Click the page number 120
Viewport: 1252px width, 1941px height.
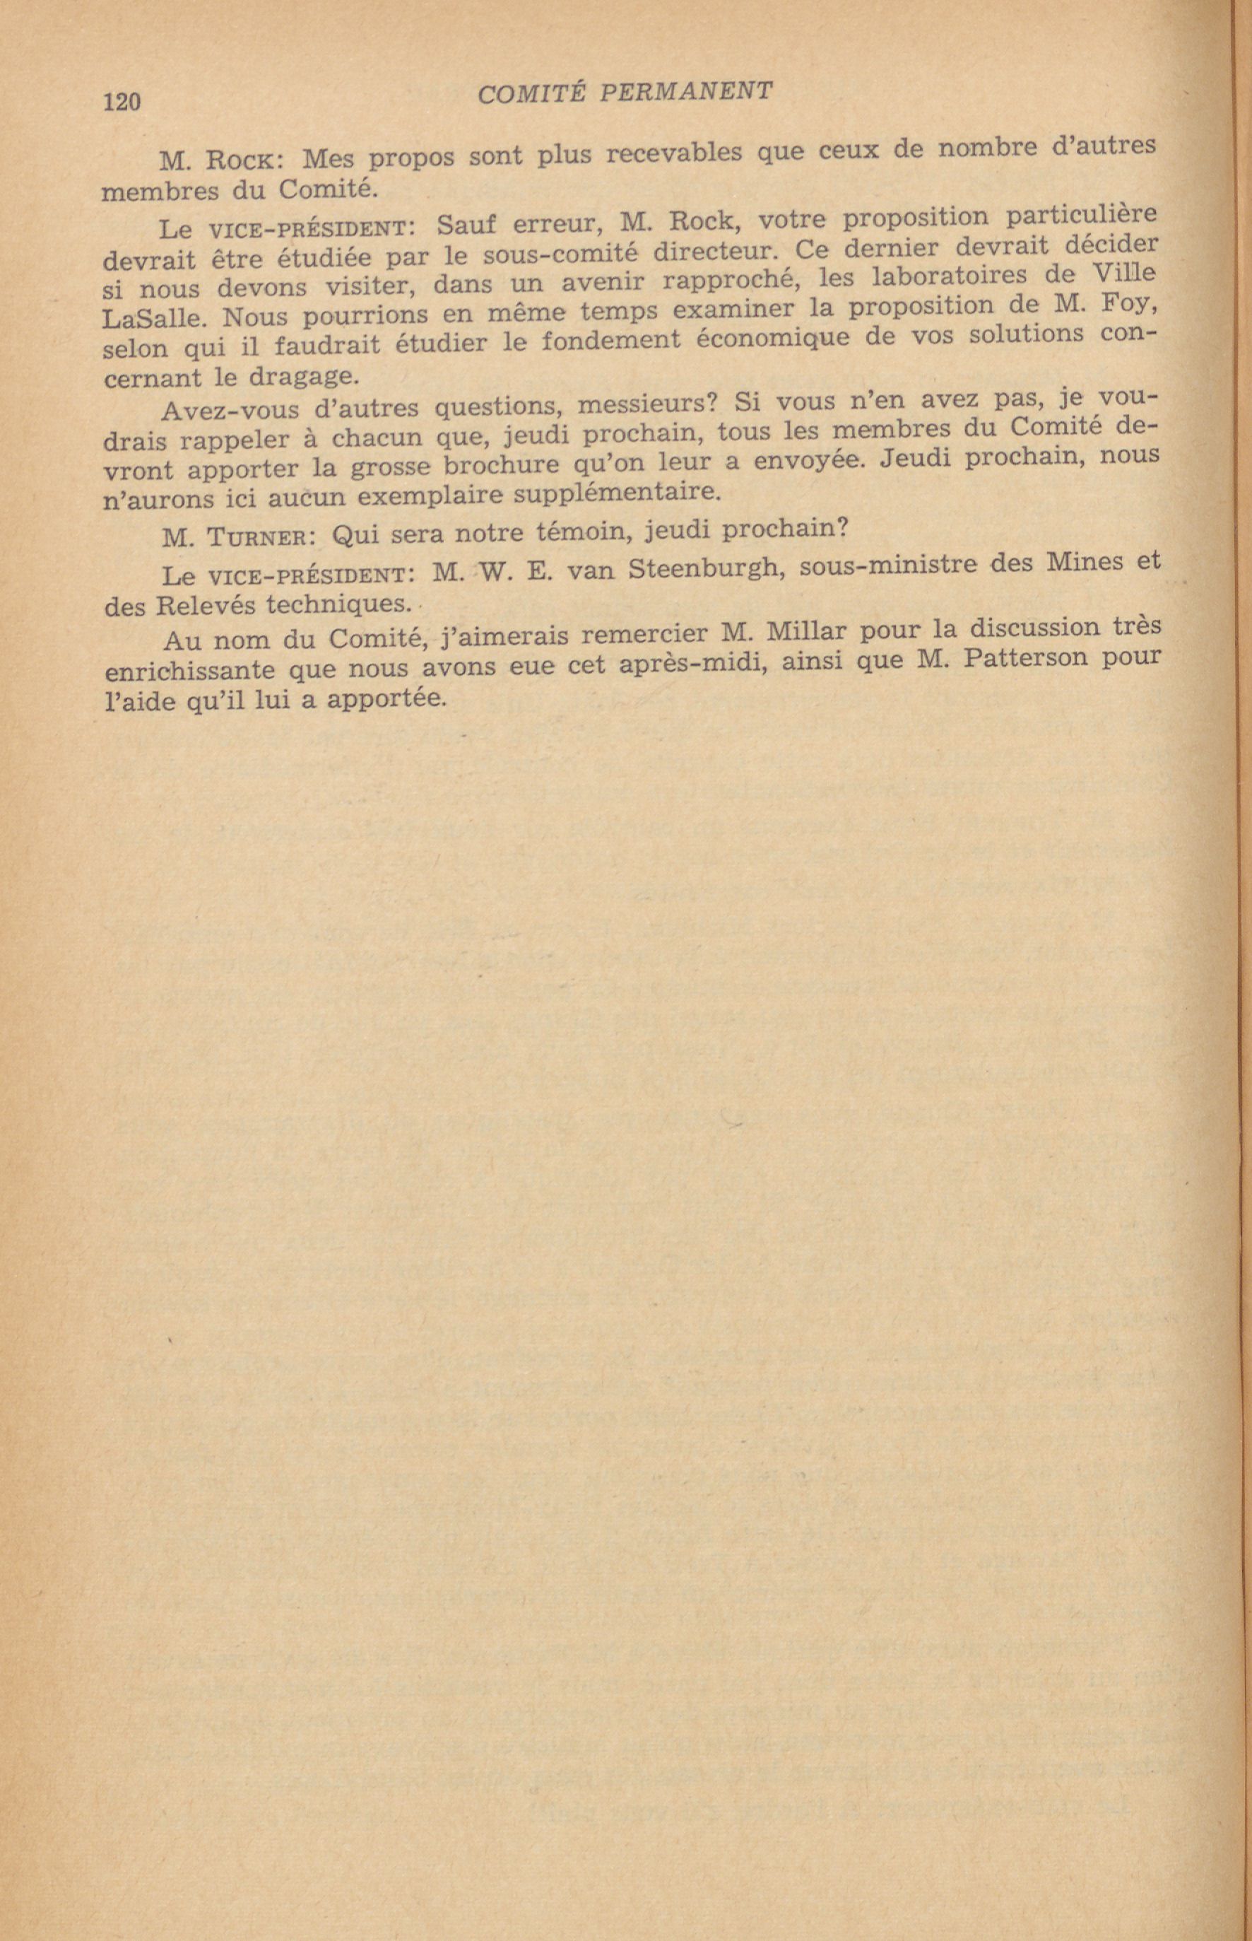(123, 101)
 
